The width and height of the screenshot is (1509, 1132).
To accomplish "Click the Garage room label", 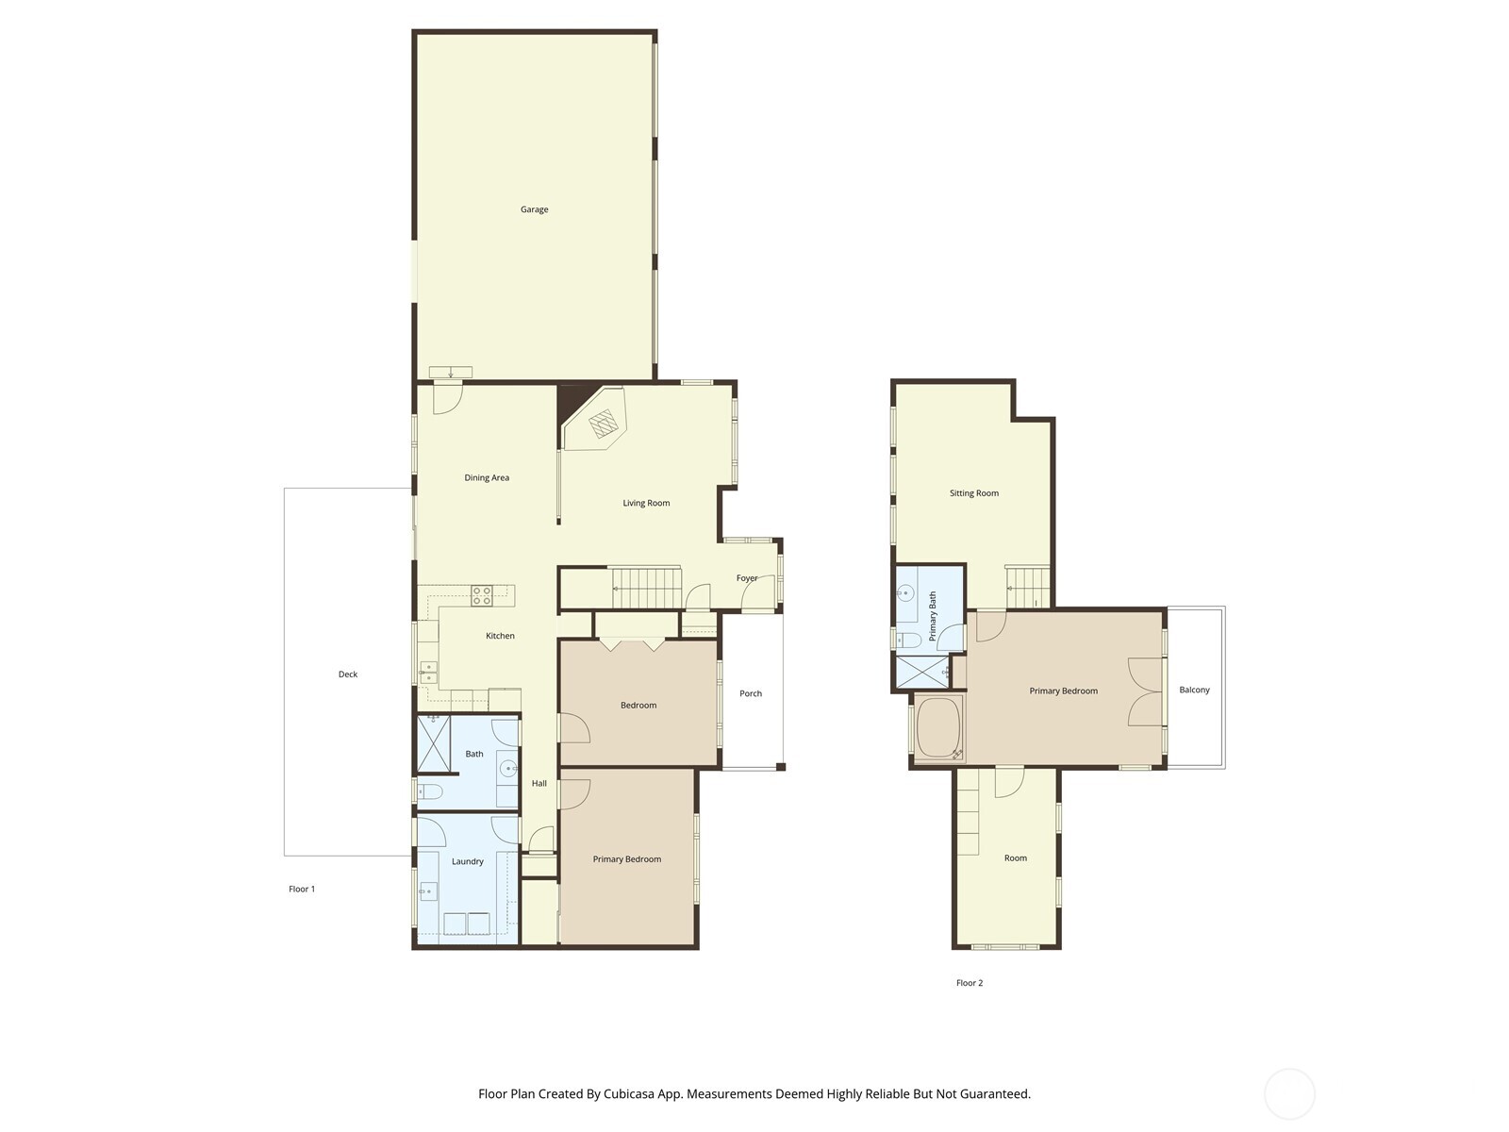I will pyautogui.click(x=534, y=209).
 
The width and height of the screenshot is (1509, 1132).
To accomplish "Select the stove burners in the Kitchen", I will pyautogui.click(x=481, y=595).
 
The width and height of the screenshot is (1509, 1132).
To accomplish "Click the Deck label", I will pyautogui.click(x=348, y=674).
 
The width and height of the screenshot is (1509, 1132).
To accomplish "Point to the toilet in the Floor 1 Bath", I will pyautogui.click(x=429, y=791).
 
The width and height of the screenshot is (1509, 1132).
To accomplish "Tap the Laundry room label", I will pyautogui.click(x=468, y=861).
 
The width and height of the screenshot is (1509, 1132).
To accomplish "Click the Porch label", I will pyautogui.click(x=751, y=693).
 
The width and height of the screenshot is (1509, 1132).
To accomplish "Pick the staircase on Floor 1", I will pyautogui.click(x=646, y=588).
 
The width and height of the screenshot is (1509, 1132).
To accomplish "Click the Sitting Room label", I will pyautogui.click(x=974, y=493).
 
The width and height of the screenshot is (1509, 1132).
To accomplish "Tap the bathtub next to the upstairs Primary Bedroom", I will pyautogui.click(x=937, y=729).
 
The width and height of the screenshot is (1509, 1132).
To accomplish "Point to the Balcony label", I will pyautogui.click(x=1194, y=690).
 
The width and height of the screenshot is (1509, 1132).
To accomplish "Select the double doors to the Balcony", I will pyautogui.click(x=1146, y=691).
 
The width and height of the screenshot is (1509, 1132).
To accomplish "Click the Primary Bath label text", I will pyautogui.click(x=933, y=616).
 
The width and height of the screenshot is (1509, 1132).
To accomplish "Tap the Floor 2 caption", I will pyautogui.click(x=970, y=983).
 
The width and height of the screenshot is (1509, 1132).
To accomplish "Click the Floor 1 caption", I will pyautogui.click(x=302, y=889).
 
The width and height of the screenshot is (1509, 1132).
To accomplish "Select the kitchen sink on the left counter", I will pyautogui.click(x=428, y=672).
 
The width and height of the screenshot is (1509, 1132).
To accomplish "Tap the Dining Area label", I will pyautogui.click(x=487, y=477).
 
